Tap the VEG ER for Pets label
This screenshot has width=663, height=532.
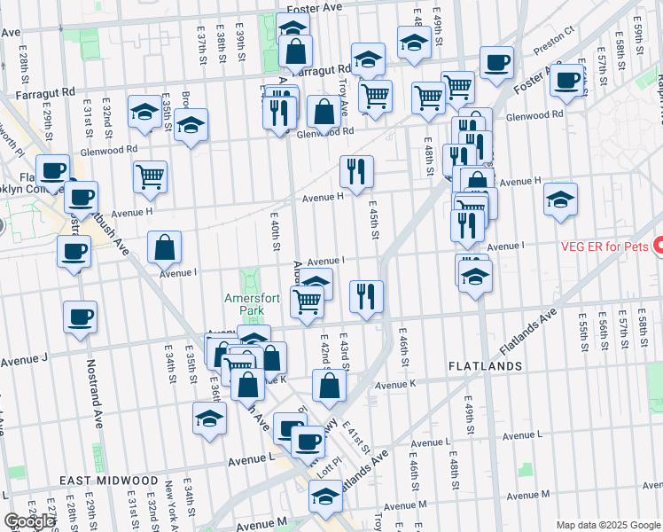597,245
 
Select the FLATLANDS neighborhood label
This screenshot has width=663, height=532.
484,365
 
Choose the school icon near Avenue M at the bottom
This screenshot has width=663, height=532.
325,499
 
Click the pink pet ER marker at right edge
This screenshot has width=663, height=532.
658,245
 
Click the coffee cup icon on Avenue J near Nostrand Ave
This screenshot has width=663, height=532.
80,317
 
